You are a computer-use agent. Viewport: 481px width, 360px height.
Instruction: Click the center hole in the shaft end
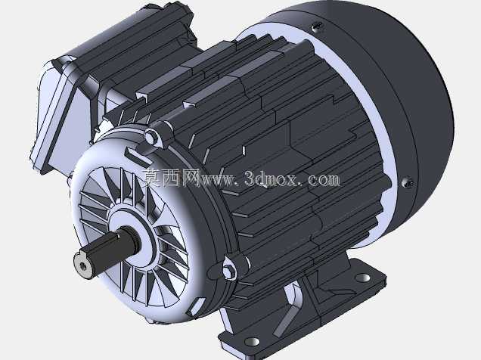[x=82, y=266]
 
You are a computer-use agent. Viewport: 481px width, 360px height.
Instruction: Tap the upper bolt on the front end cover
[x=151, y=135]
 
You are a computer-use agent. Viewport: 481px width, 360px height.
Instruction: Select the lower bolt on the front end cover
[x=229, y=271]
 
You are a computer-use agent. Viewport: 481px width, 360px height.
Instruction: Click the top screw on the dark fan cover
[x=316, y=27]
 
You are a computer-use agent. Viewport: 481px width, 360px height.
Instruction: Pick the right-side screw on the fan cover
[x=408, y=183]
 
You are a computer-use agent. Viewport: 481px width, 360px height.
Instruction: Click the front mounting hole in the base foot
[x=252, y=341]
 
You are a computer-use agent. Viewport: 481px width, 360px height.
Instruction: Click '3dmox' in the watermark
[x=271, y=178]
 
